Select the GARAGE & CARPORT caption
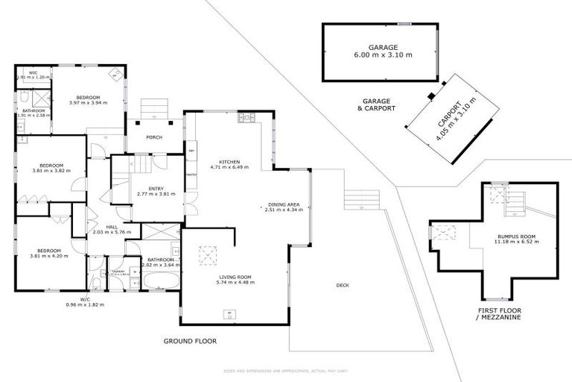378,104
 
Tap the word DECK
342,285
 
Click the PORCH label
154,137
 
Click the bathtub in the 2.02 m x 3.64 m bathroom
160,282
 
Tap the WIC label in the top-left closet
34,75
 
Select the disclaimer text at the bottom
286,371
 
